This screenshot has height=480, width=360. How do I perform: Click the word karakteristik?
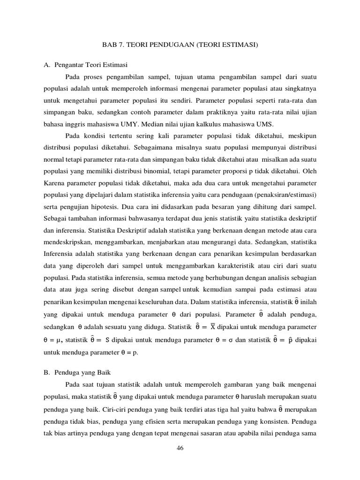coord(238,265)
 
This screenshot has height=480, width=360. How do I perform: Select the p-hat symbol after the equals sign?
coord(291,339)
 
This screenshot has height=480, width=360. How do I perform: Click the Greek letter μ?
coord(59,339)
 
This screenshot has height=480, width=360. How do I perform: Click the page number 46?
coord(180,448)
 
